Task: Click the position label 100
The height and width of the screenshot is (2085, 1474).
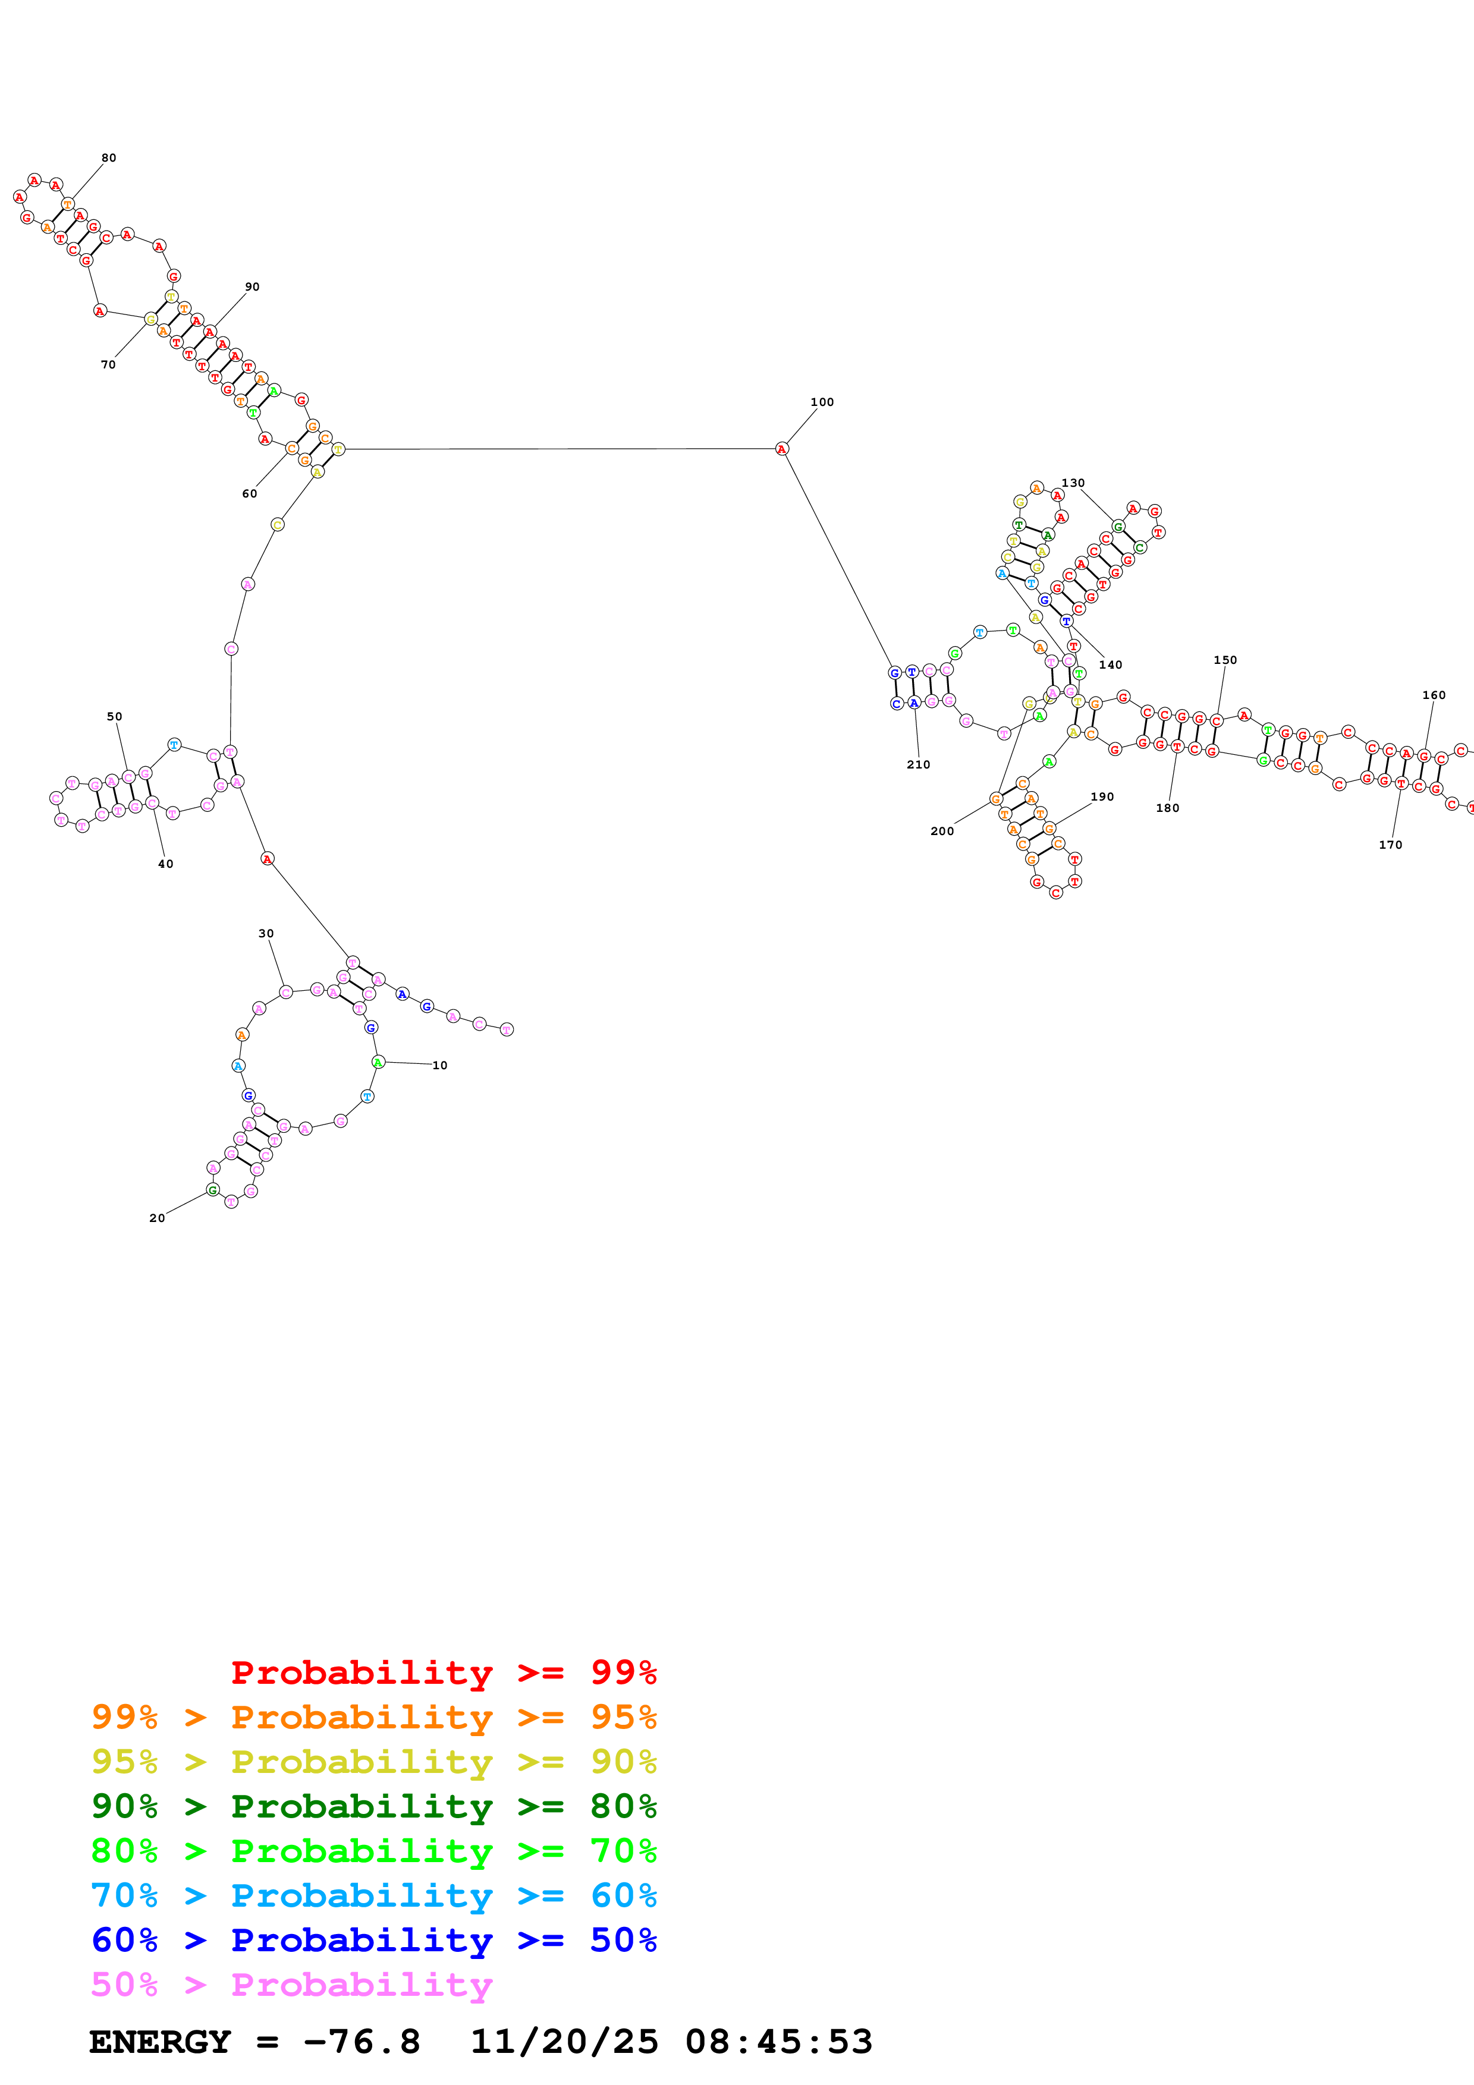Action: pos(821,402)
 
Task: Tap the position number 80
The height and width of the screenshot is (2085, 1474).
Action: pos(108,158)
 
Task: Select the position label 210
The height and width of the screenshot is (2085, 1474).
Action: pos(917,764)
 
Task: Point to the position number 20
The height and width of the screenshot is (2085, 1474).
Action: pos(157,1218)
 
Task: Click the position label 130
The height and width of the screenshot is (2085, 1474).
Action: pos(1073,483)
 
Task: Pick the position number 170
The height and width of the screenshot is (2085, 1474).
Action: pos(1390,845)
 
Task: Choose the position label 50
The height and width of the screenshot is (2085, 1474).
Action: pos(114,716)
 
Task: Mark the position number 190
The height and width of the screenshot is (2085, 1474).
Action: pos(1102,796)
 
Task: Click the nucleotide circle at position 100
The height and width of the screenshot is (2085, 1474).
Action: pos(782,449)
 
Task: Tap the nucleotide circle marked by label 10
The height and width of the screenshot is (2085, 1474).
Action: pos(379,1062)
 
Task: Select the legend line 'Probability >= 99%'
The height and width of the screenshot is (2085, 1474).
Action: pos(443,1672)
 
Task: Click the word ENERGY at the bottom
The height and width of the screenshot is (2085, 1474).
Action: pos(160,2042)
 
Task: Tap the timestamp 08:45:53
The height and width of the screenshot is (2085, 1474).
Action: pos(778,2042)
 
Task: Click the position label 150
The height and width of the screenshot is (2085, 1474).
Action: pos(1224,660)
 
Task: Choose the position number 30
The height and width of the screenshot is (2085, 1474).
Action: pos(266,934)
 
